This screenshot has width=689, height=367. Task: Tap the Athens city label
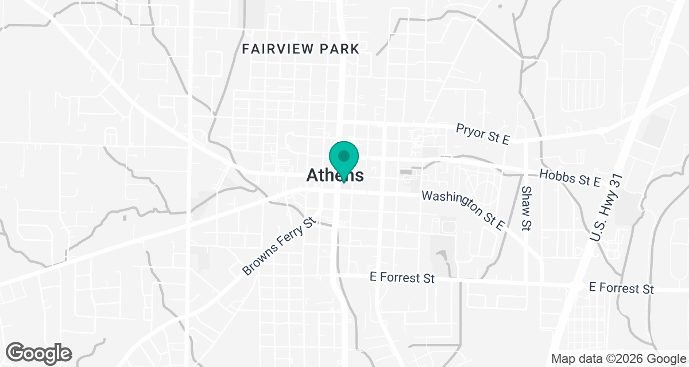[335, 175]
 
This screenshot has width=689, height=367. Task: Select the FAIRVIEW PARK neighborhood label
[300, 49]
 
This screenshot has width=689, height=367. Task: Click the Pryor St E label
[482, 134]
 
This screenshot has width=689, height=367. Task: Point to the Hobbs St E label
[570, 178]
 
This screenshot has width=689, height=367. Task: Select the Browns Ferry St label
[280, 245]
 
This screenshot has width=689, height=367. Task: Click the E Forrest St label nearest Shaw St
[402, 279]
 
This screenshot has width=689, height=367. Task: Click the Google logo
[39, 352]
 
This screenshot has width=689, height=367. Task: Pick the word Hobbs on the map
[555, 175]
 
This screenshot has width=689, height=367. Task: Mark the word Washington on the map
[449, 202]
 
